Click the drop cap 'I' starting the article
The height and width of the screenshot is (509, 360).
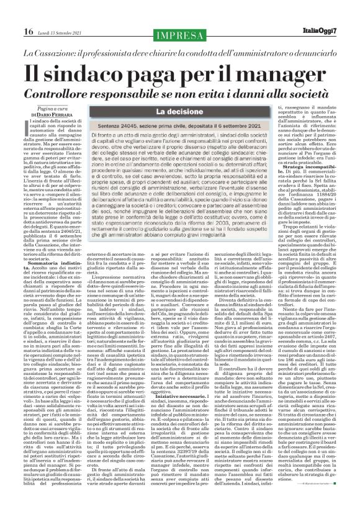pos(25,127)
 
